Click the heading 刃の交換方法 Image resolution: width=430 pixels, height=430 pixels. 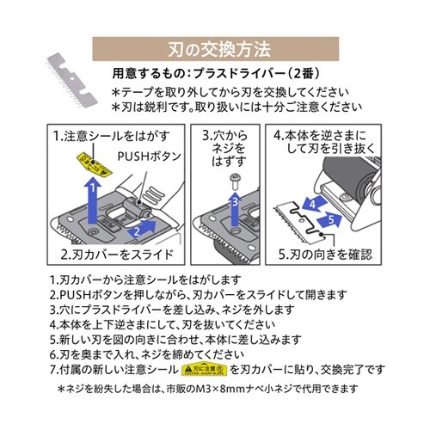click(x=215, y=46)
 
